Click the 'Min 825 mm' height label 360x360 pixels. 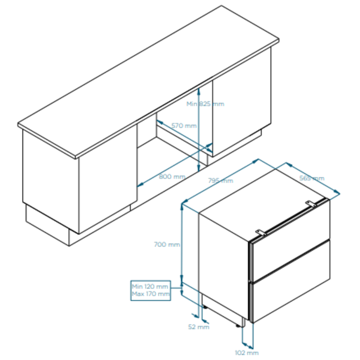tap(205, 104)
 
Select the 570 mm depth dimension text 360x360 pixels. tap(184, 126)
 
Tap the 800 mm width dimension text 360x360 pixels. tap(172, 176)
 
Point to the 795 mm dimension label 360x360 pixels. tap(220, 181)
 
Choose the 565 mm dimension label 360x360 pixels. tap(312, 178)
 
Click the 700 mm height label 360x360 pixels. tap(167, 244)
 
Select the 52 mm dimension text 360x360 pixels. tap(199, 327)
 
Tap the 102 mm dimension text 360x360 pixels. tap(246, 352)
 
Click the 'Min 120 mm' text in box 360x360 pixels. tap(150, 287)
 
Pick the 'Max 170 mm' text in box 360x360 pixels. tap(151, 294)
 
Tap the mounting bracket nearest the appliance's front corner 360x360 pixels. tap(261, 232)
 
